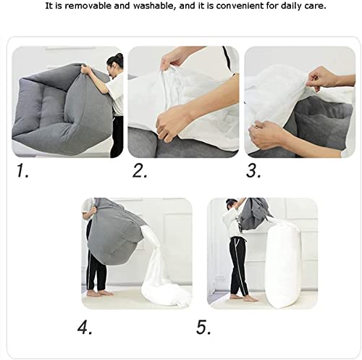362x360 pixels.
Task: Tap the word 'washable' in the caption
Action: (x=149, y=7)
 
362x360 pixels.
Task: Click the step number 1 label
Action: (x=23, y=172)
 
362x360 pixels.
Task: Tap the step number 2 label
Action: (x=140, y=172)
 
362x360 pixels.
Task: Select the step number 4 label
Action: (x=85, y=327)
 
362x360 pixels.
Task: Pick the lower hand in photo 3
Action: (x=269, y=134)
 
